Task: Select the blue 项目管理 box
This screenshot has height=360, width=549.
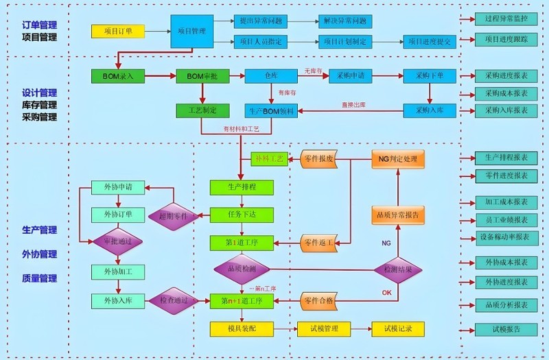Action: click(191, 31)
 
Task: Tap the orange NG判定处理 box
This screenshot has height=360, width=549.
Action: click(398, 159)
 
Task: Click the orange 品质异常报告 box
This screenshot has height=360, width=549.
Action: click(398, 215)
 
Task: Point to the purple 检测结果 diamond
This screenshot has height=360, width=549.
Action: click(399, 269)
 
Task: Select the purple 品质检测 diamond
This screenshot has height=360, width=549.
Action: click(241, 269)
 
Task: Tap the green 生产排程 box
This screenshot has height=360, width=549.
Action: click(242, 187)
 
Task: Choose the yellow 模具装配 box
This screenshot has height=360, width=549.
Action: click(242, 328)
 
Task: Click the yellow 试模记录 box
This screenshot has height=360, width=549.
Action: click(398, 328)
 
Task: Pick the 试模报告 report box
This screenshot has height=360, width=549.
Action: click(506, 329)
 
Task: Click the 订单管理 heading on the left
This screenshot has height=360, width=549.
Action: click(39, 25)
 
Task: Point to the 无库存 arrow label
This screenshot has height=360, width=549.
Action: click(313, 71)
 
